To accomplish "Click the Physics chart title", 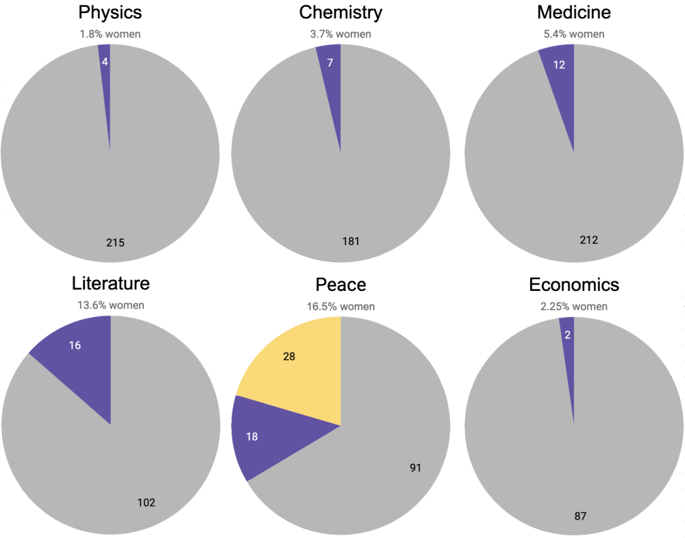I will coord(110,12).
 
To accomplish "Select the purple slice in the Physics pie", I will coord(105,62).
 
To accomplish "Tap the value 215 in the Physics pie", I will coord(116,242).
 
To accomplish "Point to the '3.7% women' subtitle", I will coord(340,34).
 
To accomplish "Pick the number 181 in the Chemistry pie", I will coord(351,241).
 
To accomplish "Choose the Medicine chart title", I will coord(573,12).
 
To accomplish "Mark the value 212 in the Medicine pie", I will coord(588,240).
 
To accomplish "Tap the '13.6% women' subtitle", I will coord(110,305).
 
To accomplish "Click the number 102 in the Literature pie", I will coord(146,502).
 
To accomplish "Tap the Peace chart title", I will coord(340,284).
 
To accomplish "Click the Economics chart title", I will coord(573,284).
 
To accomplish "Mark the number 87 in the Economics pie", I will coord(581,514).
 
